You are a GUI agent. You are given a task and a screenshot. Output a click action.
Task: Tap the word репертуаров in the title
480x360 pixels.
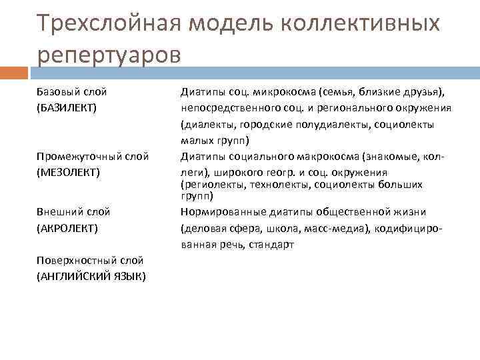tap(109, 54)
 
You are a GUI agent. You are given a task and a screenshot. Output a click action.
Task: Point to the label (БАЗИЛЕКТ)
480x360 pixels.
tap(67, 107)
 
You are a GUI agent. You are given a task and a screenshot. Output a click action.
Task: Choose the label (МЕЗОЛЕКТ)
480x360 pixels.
tap(68, 172)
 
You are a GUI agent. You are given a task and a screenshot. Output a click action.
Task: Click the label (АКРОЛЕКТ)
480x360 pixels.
tap(67, 228)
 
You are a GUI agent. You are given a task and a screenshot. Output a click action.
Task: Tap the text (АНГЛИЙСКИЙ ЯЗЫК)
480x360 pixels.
tap(92, 276)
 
